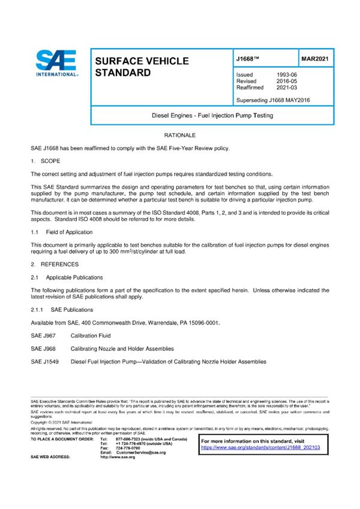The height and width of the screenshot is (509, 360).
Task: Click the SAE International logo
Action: coord(56,62)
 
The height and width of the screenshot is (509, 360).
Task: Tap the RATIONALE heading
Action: coord(179,137)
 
